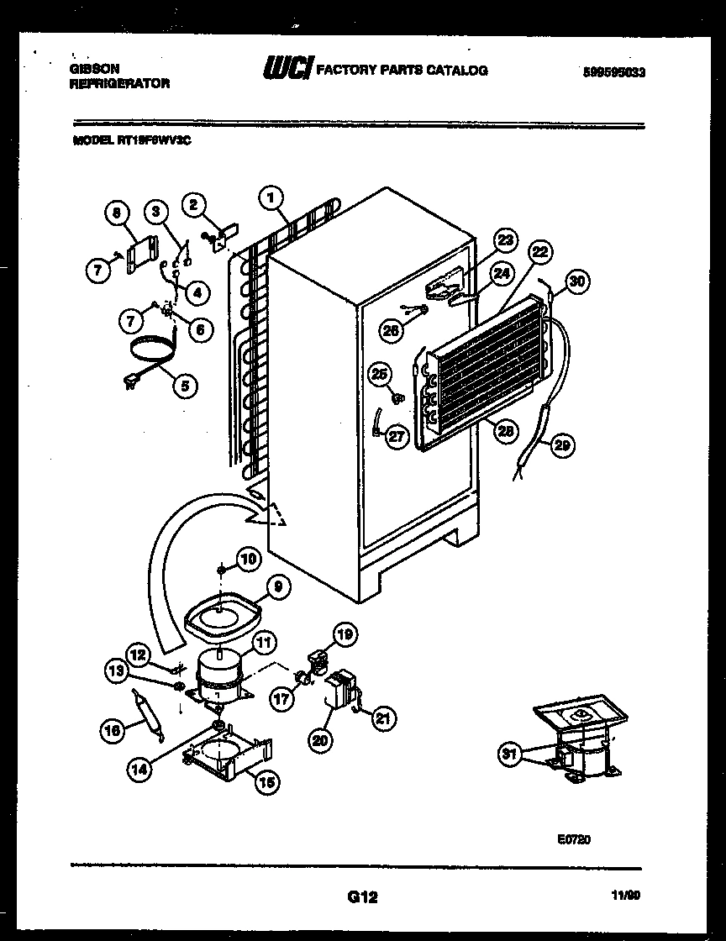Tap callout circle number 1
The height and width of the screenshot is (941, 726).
(x=270, y=198)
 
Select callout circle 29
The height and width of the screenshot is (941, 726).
(x=562, y=446)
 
